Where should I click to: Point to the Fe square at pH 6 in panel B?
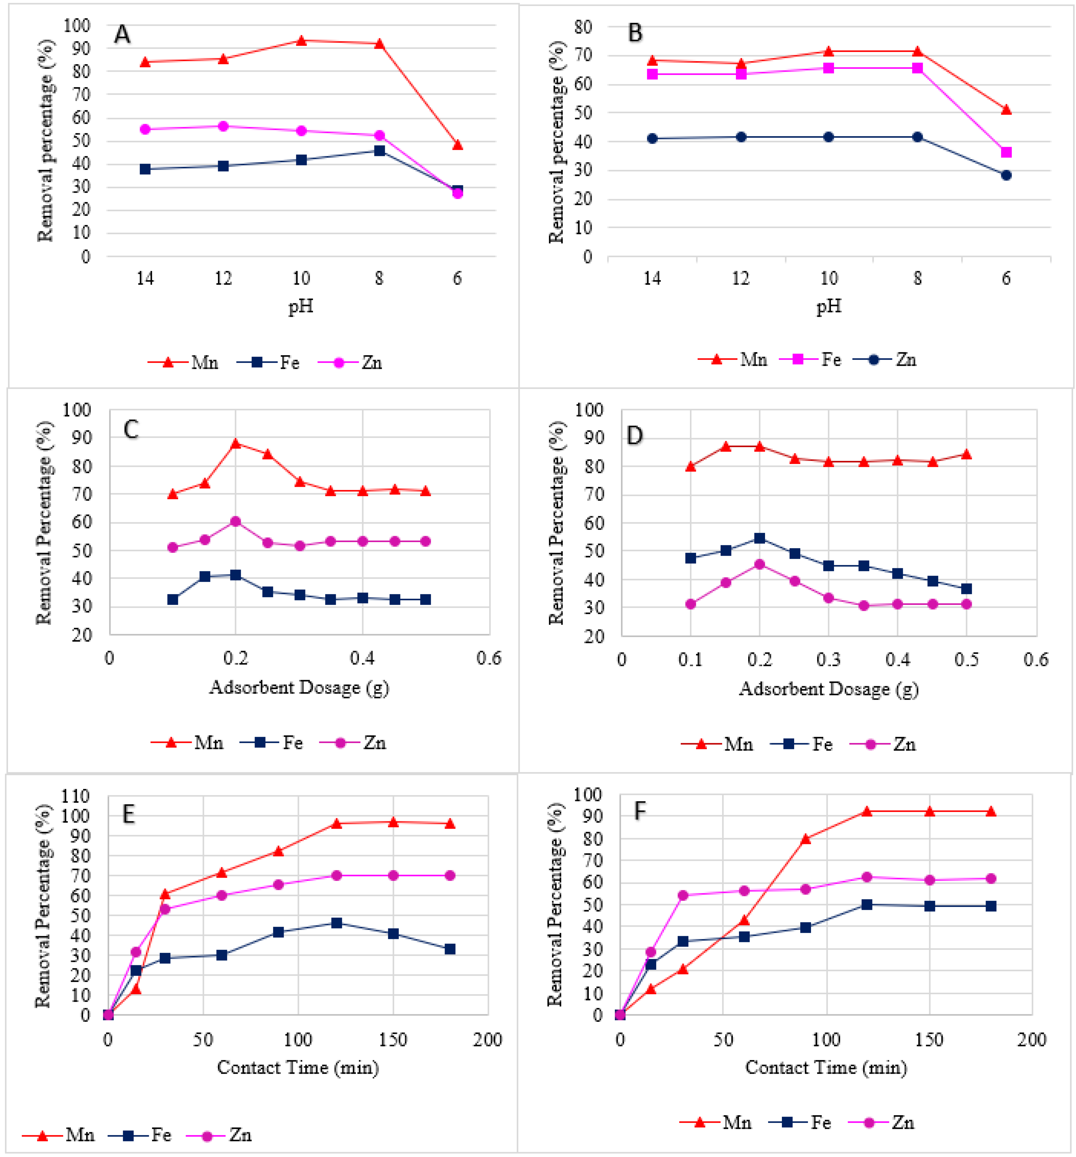[x=1006, y=153]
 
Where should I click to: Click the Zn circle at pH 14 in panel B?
[x=652, y=138]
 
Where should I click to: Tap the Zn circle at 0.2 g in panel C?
[x=236, y=521]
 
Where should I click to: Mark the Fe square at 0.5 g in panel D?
[x=967, y=589]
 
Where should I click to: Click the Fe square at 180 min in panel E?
[x=450, y=949]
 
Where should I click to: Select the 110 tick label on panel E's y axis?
[x=76, y=796]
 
